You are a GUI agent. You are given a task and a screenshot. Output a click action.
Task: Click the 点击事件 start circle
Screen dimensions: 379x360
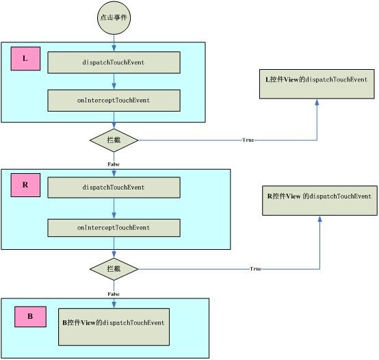(x=114, y=18)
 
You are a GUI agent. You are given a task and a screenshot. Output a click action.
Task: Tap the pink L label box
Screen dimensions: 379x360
(x=25, y=58)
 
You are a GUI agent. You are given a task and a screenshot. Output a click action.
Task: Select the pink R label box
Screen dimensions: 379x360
(x=25, y=185)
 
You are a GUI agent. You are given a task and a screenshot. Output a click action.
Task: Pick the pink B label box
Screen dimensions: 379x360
(x=31, y=317)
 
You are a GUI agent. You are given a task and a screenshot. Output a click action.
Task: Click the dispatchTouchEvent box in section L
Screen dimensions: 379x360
(x=114, y=62)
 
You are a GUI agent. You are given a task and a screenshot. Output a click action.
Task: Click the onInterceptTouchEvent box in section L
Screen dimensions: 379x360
(x=114, y=101)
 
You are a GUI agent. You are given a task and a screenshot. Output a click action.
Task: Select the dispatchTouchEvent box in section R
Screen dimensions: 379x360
(x=114, y=188)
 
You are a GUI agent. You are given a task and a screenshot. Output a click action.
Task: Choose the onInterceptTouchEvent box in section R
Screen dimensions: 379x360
(x=114, y=228)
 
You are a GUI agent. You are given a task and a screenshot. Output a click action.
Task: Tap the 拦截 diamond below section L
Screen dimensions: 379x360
(x=114, y=140)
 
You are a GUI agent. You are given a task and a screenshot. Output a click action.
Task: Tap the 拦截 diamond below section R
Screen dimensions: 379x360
(x=114, y=269)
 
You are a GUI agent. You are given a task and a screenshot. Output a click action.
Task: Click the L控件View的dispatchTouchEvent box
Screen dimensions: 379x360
(x=317, y=84)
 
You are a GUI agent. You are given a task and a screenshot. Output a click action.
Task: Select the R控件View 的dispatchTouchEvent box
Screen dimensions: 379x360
(x=319, y=201)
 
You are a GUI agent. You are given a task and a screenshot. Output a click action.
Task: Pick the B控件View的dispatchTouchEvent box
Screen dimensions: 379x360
(x=114, y=326)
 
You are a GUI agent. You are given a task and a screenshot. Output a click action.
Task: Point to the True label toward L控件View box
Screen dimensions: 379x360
(x=248, y=140)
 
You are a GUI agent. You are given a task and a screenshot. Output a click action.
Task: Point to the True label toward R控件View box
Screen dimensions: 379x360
(x=256, y=269)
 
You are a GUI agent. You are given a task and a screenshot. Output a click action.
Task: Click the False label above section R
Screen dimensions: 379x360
(x=114, y=164)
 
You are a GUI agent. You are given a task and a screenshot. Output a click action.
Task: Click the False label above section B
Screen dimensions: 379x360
(x=114, y=294)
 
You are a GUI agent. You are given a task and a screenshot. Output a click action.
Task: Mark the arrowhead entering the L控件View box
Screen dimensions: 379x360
(x=317, y=102)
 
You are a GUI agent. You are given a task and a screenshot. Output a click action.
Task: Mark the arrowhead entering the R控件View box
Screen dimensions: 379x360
(x=319, y=218)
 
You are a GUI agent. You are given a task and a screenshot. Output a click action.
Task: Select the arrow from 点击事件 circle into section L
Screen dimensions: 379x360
(x=114, y=43)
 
